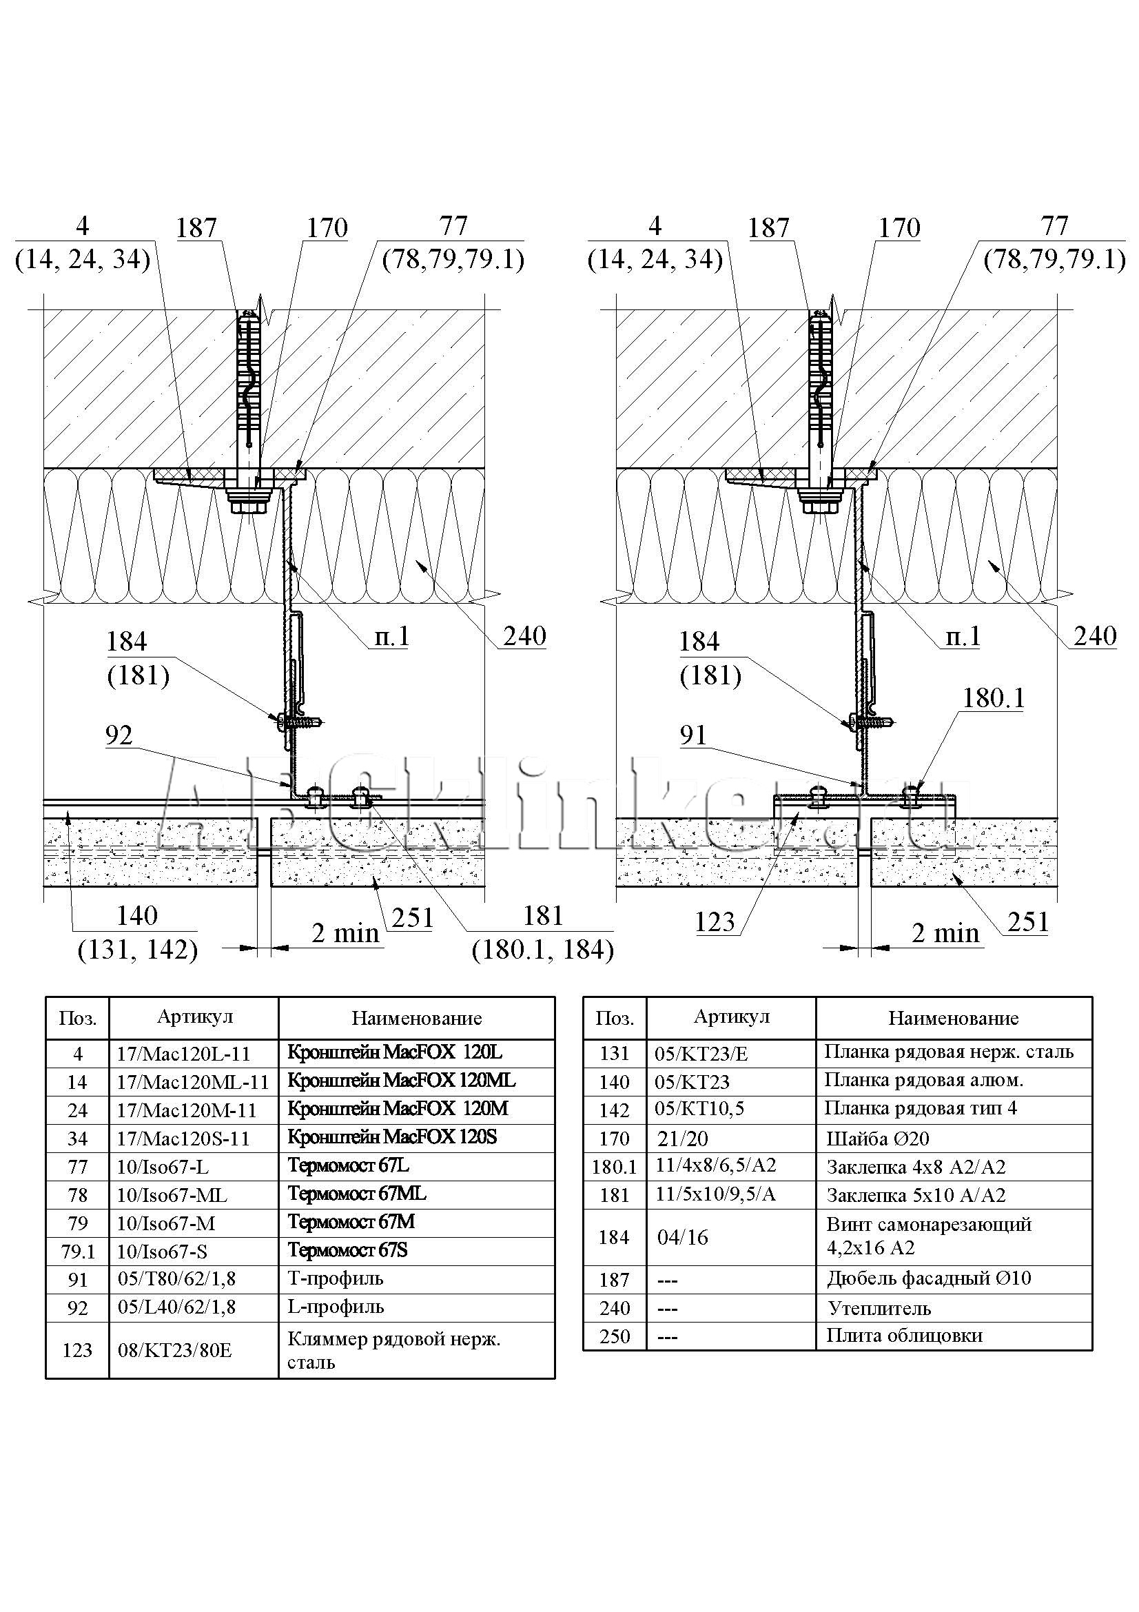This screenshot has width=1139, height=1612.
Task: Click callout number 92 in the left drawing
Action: pos(119,735)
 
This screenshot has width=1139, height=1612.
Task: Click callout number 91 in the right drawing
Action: pos(692,735)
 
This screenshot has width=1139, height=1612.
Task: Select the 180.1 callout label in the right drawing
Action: pos(993,698)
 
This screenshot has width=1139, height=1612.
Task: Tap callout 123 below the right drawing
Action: pos(715,922)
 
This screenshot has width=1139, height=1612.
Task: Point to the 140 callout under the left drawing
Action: pos(137,915)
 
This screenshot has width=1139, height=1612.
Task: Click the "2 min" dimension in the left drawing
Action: pos(345,933)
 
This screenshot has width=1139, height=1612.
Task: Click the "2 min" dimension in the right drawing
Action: pos(945,933)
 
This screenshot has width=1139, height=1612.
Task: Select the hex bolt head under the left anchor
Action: pos(251,504)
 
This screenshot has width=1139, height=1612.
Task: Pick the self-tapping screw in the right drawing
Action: pos(870,721)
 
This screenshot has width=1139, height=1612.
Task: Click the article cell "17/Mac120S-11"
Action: pos(183,1138)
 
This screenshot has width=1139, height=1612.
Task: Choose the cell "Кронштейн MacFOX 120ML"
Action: pos(402,1081)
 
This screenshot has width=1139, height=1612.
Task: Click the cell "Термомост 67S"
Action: pos(347,1250)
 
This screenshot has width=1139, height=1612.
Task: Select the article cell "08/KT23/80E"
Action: pos(175,1350)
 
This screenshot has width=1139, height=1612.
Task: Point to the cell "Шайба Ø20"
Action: pos(877,1138)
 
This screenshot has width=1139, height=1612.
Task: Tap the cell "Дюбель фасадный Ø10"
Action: pos(928,1278)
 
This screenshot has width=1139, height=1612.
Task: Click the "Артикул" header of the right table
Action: pos(731,1017)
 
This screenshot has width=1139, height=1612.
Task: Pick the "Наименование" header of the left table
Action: pos(416,1018)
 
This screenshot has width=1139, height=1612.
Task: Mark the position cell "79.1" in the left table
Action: pos(77,1251)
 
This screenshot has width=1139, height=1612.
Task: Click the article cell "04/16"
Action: pos(682,1237)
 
